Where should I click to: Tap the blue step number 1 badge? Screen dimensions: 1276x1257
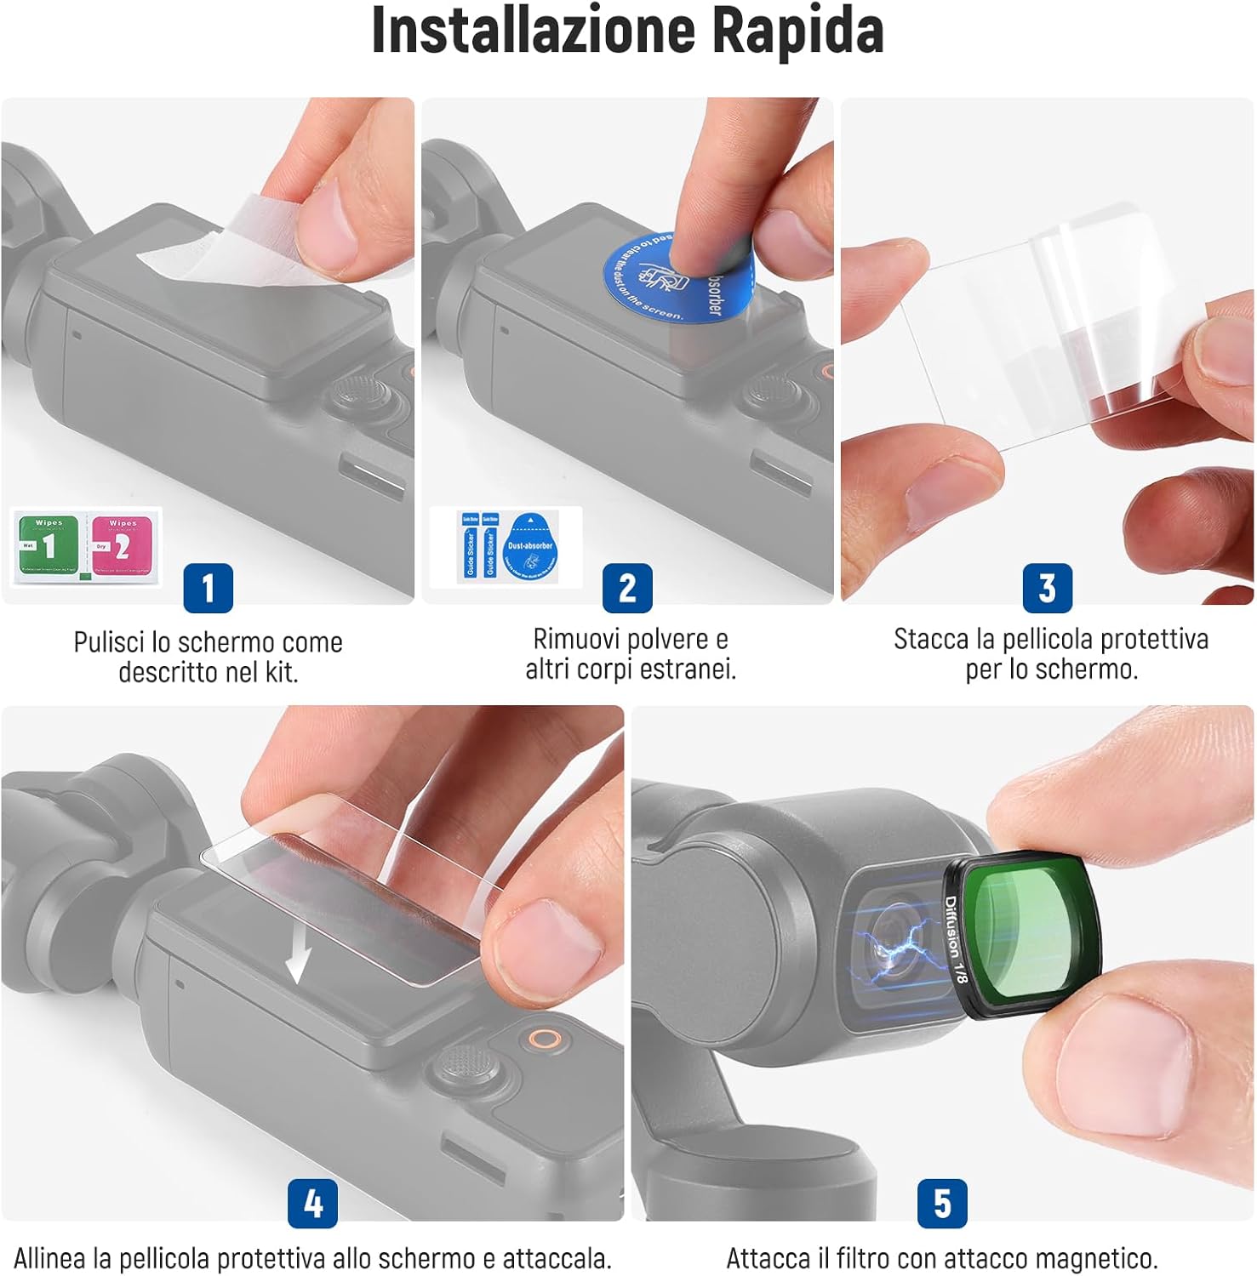[x=208, y=588]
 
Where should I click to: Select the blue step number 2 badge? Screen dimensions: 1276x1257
[x=627, y=588]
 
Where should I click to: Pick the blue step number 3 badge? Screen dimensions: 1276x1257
[x=1047, y=588]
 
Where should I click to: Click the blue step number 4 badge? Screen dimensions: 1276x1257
[x=312, y=1203]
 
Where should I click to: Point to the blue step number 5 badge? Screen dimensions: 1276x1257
[x=942, y=1203]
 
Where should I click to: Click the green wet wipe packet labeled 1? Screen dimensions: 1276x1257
[x=48, y=545]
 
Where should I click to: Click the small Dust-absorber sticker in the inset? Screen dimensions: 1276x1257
[x=529, y=547]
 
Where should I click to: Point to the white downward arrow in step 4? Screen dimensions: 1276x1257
[x=297, y=953]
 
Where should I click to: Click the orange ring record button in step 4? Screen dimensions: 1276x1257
[x=542, y=1039]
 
